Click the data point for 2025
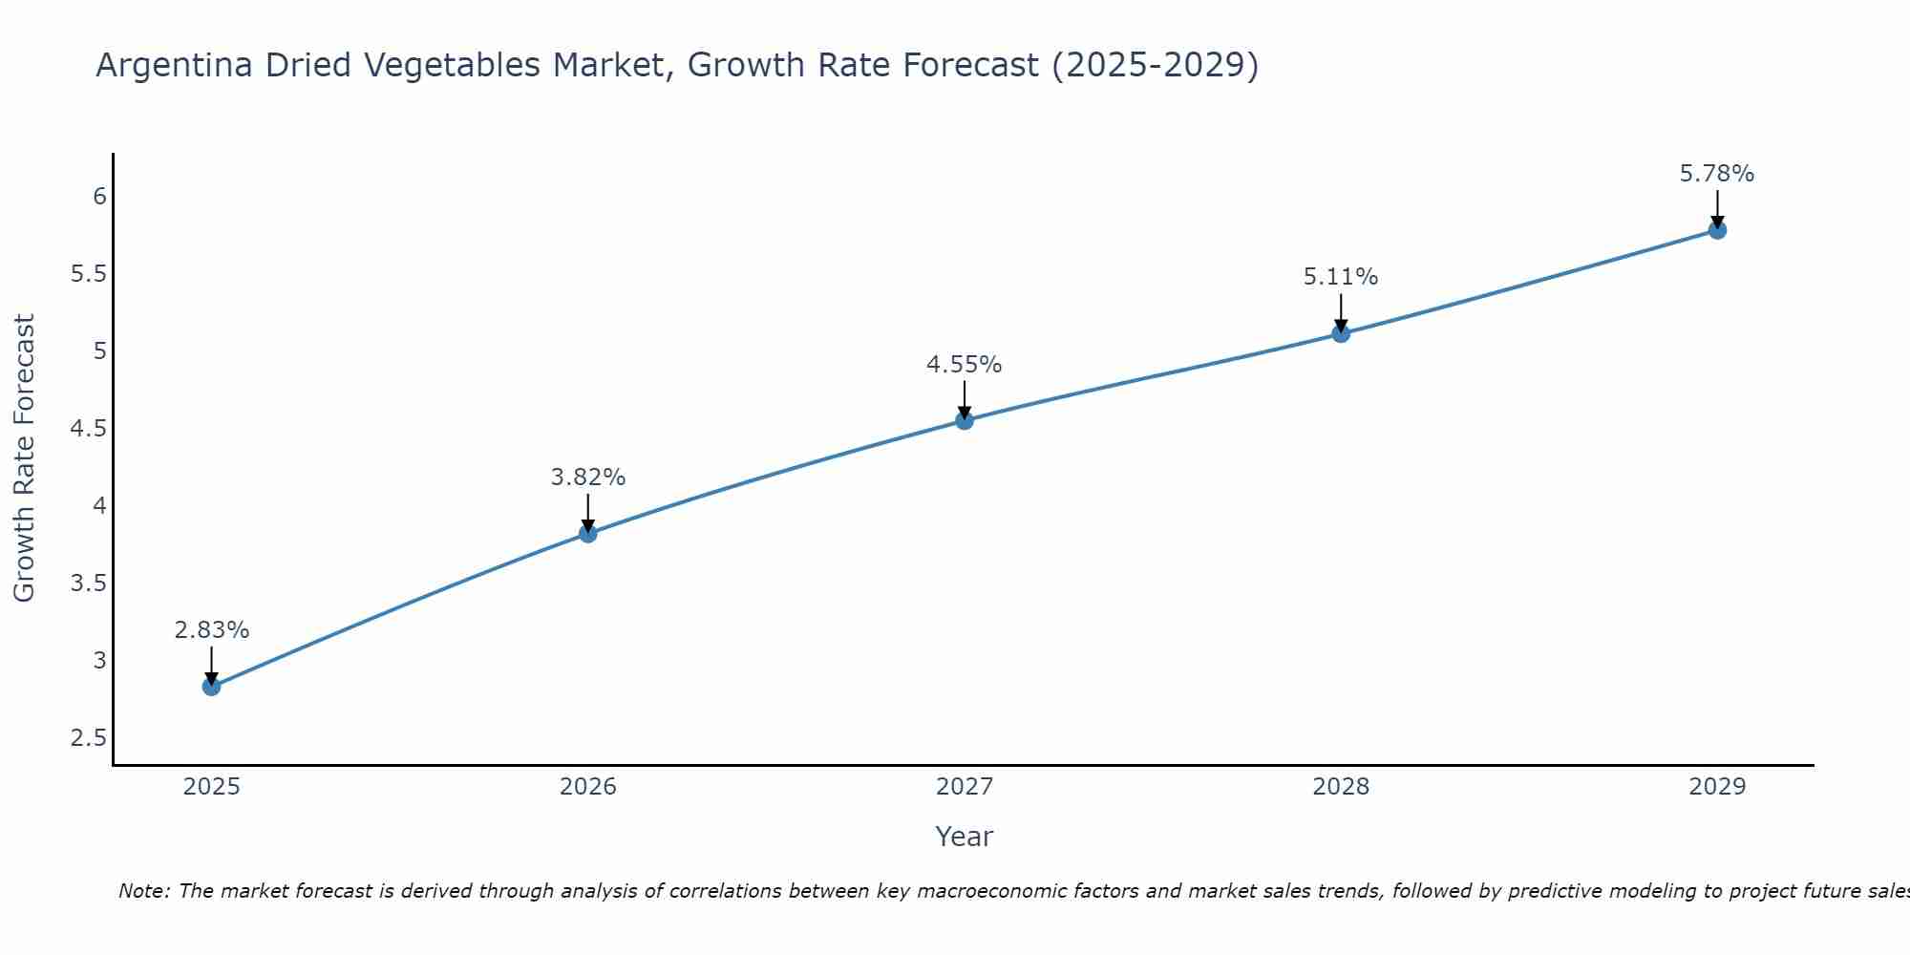(x=211, y=687)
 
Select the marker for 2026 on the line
(x=588, y=533)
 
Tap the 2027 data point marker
(x=965, y=420)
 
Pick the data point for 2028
(x=1341, y=333)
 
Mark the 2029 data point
(x=1717, y=230)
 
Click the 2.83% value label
(x=211, y=630)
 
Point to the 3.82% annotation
(x=588, y=477)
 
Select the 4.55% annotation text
(x=965, y=365)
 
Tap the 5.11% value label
(x=1341, y=277)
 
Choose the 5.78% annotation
(x=1717, y=174)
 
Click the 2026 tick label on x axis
(x=588, y=787)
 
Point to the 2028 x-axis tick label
(x=1341, y=787)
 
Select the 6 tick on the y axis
(x=99, y=197)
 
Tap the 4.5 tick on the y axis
(x=89, y=429)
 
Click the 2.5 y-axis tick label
(x=89, y=738)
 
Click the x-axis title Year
(x=965, y=837)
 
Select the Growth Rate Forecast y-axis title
(x=24, y=458)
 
